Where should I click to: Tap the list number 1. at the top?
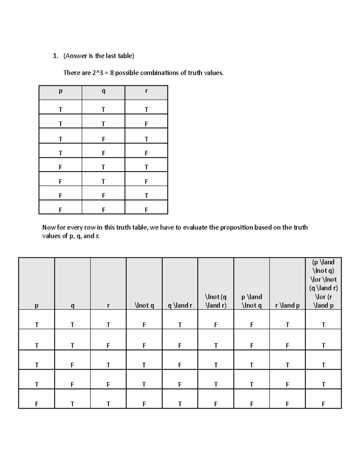point(55,56)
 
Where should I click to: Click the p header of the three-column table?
point(61,91)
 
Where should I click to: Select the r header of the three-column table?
point(146,91)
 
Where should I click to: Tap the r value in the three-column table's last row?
point(146,210)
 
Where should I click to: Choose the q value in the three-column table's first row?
point(103,110)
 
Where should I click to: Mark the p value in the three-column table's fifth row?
point(61,167)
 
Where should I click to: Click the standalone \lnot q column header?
point(144,305)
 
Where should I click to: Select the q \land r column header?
point(180,305)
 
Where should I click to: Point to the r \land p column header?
point(287,305)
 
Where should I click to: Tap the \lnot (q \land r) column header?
point(216,301)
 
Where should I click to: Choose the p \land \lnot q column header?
point(251,301)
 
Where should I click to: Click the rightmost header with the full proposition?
point(323,284)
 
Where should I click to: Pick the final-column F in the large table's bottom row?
point(323,404)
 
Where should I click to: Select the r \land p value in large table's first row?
point(287,325)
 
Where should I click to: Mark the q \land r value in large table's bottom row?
point(180,404)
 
